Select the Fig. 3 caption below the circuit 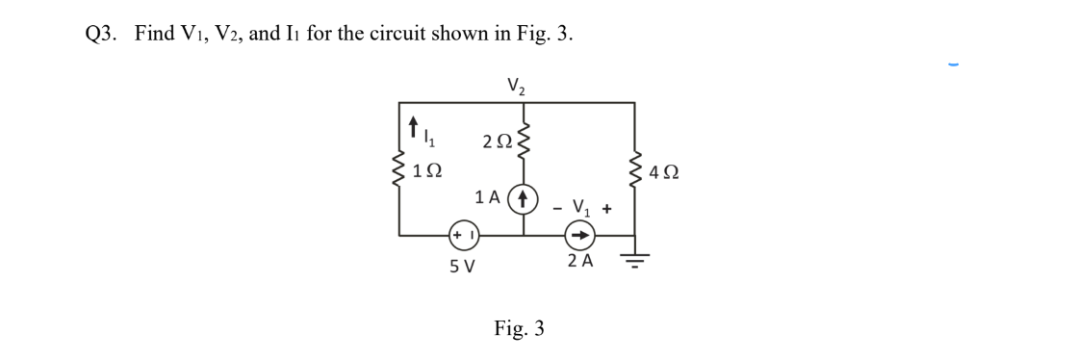tap(519, 328)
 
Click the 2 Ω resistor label tap(498, 141)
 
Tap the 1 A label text tap(490, 198)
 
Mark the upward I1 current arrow tap(414, 125)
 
